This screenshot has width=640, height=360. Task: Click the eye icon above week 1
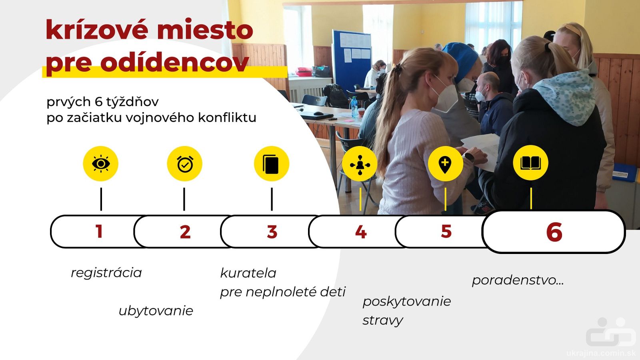pyautogui.click(x=100, y=164)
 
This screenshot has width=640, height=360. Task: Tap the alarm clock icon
pyautogui.click(x=184, y=164)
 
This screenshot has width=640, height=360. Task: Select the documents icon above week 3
pyautogui.click(x=272, y=164)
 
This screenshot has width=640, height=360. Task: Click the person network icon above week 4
pyautogui.click(x=360, y=164)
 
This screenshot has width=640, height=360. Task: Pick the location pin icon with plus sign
pyautogui.click(x=445, y=164)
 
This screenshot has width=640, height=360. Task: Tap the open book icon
pyautogui.click(x=530, y=163)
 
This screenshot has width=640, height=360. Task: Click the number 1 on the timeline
pyautogui.click(x=99, y=231)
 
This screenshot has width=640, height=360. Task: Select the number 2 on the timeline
pyautogui.click(x=185, y=232)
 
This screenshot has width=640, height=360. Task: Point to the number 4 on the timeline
pyautogui.click(x=361, y=232)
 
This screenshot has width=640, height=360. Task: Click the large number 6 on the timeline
pyautogui.click(x=554, y=232)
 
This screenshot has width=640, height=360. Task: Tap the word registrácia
pyautogui.click(x=106, y=273)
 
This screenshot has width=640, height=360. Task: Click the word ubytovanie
pyautogui.click(x=156, y=311)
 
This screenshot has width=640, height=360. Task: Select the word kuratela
pyautogui.click(x=248, y=273)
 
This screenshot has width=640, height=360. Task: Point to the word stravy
pyautogui.click(x=383, y=320)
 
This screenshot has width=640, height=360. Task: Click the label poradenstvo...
pyautogui.click(x=518, y=280)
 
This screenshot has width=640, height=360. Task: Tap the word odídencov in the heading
pyautogui.click(x=175, y=62)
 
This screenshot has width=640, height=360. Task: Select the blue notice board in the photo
pyautogui.click(x=352, y=60)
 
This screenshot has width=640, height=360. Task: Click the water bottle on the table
pyautogui.click(x=354, y=107)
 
